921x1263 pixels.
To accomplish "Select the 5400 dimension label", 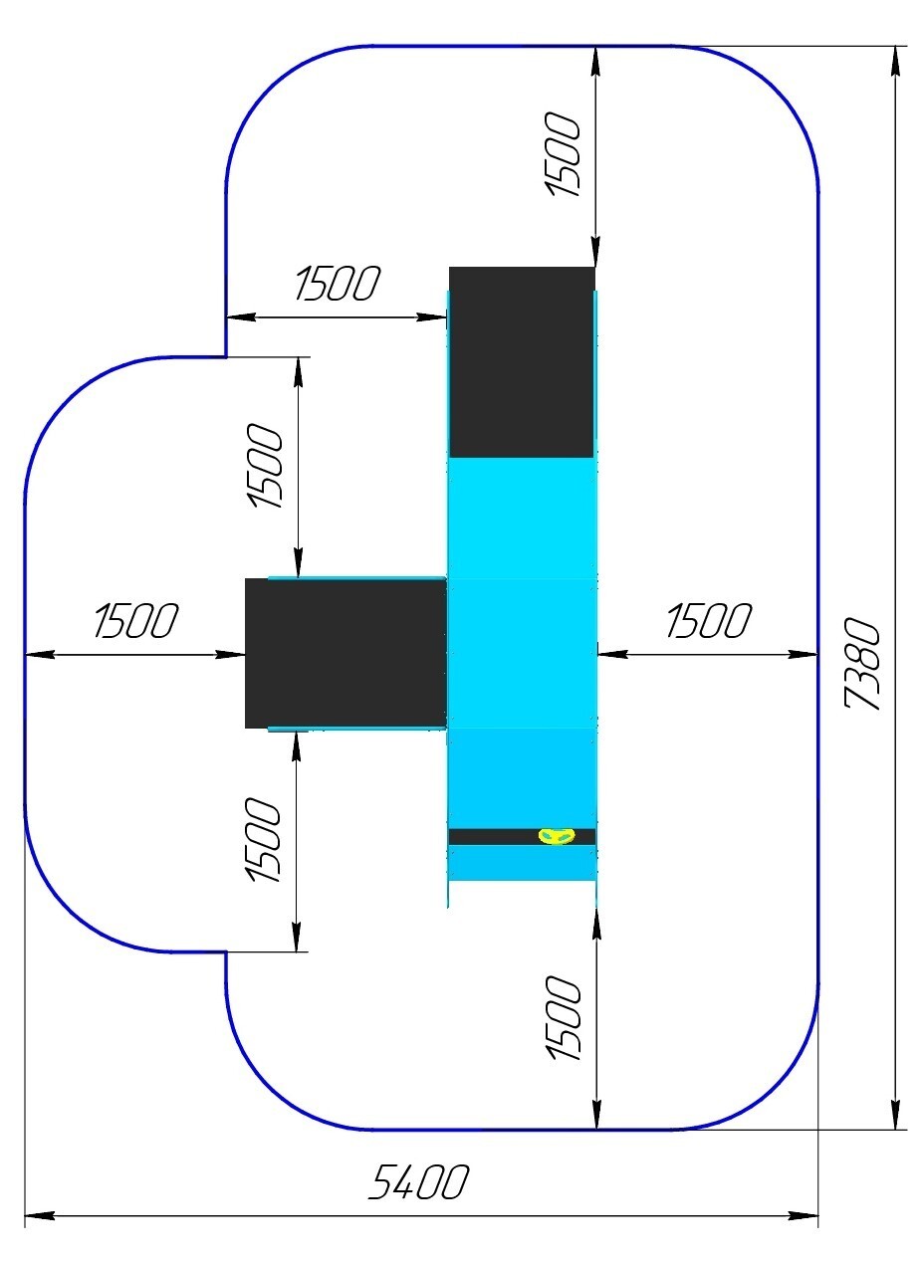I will click(418, 1183).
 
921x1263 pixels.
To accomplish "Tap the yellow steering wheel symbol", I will click(556, 836).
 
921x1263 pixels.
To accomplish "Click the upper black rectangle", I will click(522, 361).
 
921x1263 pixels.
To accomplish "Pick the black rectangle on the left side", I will click(345, 653).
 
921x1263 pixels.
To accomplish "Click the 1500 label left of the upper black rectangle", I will click(338, 285).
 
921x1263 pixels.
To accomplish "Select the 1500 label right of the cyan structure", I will click(707, 622).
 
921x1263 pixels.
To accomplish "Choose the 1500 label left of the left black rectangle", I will click(135, 621).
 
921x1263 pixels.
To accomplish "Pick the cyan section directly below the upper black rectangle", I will click(522, 518).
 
